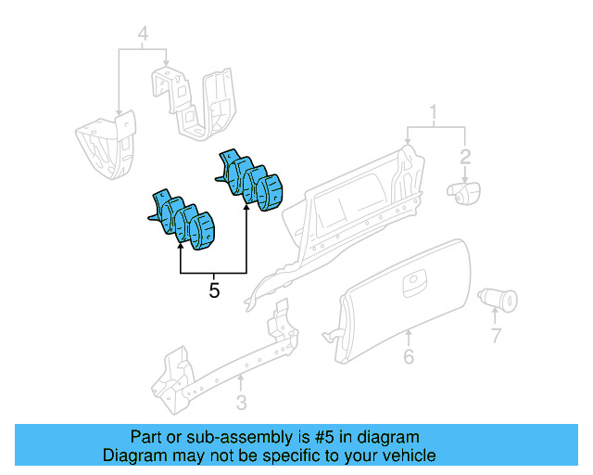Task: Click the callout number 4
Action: (143, 36)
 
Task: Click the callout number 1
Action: (433, 115)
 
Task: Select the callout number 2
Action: (466, 156)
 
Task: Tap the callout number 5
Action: (214, 290)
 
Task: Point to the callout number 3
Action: (241, 402)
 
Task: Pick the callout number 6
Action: (408, 357)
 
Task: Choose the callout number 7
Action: (496, 335)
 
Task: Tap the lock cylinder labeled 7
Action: (497, 300)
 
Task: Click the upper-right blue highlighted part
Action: (251, 180)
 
